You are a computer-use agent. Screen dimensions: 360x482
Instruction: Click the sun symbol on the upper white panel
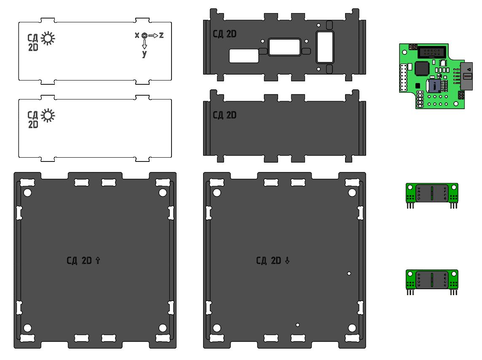48,38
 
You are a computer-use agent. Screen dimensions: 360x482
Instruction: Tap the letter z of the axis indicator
161,35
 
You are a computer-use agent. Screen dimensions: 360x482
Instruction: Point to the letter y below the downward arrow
145,54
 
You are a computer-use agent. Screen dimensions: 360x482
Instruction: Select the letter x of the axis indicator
137,35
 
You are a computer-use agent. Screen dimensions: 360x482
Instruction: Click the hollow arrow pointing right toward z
153,35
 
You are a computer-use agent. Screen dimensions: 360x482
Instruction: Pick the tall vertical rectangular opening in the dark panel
324,47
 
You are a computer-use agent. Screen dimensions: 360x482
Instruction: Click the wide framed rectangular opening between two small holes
284,47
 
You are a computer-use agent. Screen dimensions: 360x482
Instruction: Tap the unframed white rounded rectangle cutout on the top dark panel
244,56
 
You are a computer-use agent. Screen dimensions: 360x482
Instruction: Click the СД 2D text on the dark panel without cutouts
224,115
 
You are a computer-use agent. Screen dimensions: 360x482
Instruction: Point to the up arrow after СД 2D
98,261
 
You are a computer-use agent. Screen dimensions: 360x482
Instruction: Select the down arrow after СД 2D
287,261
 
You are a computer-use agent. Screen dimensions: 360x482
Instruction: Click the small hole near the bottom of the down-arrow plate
297,325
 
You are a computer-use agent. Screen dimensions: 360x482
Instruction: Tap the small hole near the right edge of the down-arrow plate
349,273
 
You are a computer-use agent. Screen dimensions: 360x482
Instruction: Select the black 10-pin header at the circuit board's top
431,53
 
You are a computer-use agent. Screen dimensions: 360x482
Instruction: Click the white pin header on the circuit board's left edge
403,78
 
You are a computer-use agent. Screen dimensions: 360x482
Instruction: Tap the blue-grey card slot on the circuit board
434,86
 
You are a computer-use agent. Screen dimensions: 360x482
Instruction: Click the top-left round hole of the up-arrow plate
28,193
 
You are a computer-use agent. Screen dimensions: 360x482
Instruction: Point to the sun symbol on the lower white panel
48,115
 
